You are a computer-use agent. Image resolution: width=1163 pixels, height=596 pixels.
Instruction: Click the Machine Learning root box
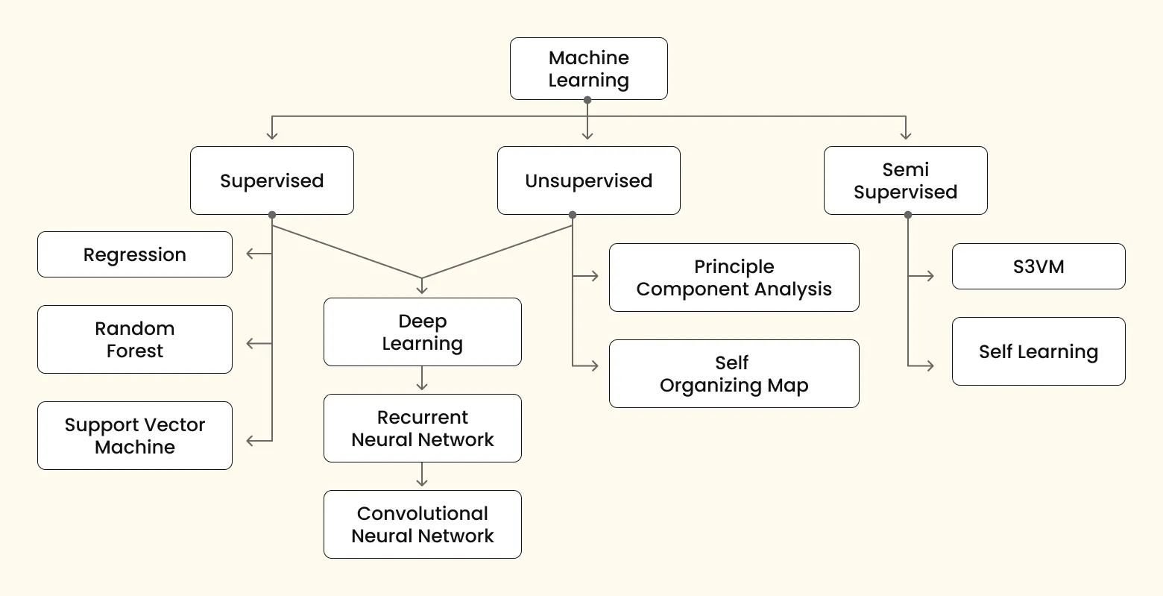pyautogui.click(x=588, y=69)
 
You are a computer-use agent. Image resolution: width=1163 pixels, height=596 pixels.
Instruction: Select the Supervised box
pyautogui.click(x=271, y=181)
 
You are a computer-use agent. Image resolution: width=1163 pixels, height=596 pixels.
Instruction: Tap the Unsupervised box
pyautogui.click(x=588, y=181)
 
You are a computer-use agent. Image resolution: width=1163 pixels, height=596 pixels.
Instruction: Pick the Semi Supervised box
pyautogui.click(x=905, y=181)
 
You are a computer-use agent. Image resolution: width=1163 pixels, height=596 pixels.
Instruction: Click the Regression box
pyautogui.click(x=135, y=254)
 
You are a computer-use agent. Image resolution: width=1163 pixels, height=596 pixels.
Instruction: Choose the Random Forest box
pyautogui.click(x=135, y=339)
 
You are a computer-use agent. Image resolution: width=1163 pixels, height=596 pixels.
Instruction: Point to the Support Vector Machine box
pyautogui.click(x=135, y=436)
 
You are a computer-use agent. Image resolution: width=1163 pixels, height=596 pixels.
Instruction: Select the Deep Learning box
pyautogui.click(x=422, y=332)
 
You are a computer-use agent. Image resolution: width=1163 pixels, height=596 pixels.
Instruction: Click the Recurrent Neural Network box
pyautogui.click(x=422, y=428)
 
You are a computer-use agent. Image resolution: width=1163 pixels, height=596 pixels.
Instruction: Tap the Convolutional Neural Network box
pyautogui.click(x=422, y=524)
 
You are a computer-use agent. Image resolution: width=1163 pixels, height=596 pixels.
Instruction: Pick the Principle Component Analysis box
pyautogui.click(x=734, y=277)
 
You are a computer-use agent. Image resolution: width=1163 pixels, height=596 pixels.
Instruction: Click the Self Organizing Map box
pyautogui.click(x=734, y=374)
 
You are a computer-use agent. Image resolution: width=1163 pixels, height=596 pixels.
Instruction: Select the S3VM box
pyautogui.click(x=1038, y=266)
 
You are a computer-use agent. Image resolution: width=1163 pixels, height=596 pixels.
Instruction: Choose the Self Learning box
pyautogui.click(x=1038, y=351)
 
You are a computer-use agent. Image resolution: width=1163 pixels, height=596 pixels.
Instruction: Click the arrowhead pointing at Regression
pyautogui.click(x=250, y=254)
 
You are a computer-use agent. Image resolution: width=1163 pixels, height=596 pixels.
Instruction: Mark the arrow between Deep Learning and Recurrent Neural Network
pyautogui.click(x=422, y=379)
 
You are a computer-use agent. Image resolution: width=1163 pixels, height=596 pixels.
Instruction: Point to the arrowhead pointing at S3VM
pyautogui.click(x=930, y=276)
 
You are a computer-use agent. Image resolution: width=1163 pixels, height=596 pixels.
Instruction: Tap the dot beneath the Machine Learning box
pyautogui.click(x=587, y=100)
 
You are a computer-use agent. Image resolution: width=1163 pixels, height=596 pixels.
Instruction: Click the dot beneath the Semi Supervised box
pyautogui.click(x=907, y=215)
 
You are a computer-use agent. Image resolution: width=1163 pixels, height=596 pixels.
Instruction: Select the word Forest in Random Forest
pyautogui.click(x=135, y=351)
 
